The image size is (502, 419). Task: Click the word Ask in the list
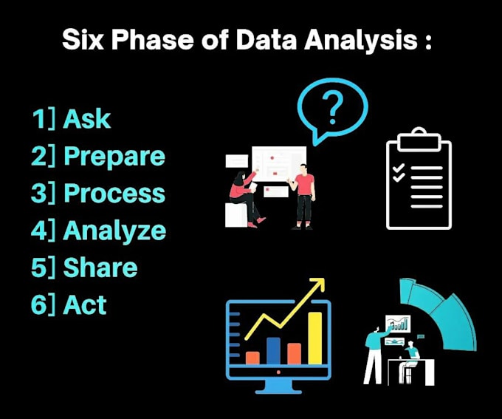87,119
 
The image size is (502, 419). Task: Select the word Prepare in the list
114,157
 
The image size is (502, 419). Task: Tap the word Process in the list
114,193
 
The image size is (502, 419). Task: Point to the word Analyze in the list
114,231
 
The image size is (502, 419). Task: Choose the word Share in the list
100,268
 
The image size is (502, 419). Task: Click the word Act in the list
85,304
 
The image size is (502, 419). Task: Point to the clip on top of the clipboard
419,136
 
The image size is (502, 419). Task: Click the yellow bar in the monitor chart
315,338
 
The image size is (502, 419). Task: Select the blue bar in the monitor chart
273,350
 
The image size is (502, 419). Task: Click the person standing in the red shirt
304,196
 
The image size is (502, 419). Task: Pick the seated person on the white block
244,196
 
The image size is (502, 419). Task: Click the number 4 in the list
39,231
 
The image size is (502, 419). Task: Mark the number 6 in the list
39,304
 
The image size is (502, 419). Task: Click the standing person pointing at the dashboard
375,351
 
